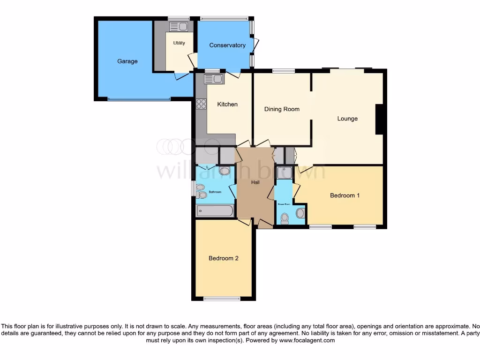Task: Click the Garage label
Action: point(127,61)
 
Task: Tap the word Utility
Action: point(179,43)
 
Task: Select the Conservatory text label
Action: point(227,45)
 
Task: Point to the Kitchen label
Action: point(227,105)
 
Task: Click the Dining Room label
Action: point(282,109)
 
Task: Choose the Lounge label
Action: point(347,119)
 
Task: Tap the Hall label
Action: point(255,182)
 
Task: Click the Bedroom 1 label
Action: point(345,195)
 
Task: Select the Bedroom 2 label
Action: point(224,258)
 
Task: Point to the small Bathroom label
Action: point(215,192)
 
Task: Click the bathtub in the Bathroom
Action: point(214,211)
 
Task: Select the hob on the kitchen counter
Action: point(202,104)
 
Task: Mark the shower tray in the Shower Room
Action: point(284,172)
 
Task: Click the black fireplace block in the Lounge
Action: point(381,119)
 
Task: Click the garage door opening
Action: point(139,99)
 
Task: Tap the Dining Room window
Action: point(284,71)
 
